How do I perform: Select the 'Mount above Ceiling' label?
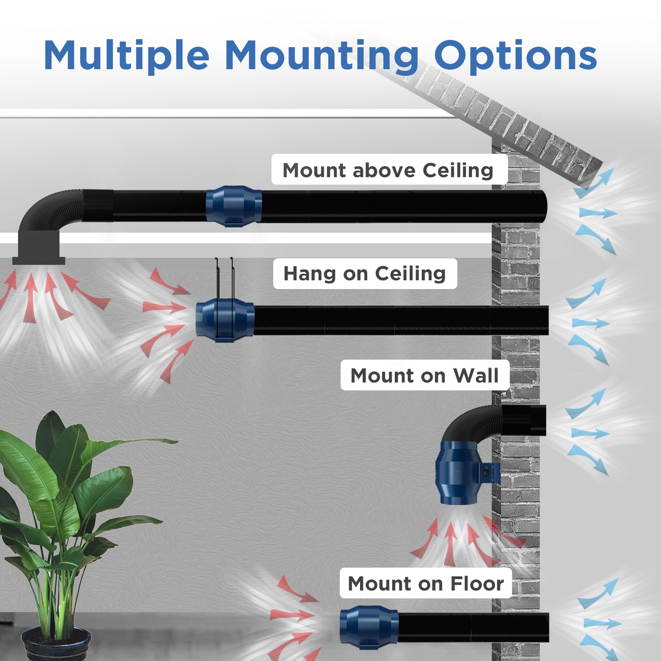click(389, 170)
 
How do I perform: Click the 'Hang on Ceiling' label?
click(365, 274)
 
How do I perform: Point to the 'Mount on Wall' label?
click(425, 376)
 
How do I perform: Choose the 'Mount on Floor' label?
click(425, 583)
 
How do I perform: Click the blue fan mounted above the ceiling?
click(234, 206)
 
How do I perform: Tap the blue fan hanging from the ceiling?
click(225, 320)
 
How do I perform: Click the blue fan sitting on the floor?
click(369, 627)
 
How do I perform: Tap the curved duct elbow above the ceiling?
click(50, 210)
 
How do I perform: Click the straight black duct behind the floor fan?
click(473, 627)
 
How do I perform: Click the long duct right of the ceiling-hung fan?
click(400, 320)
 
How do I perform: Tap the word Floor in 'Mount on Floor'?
click(477, 583)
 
